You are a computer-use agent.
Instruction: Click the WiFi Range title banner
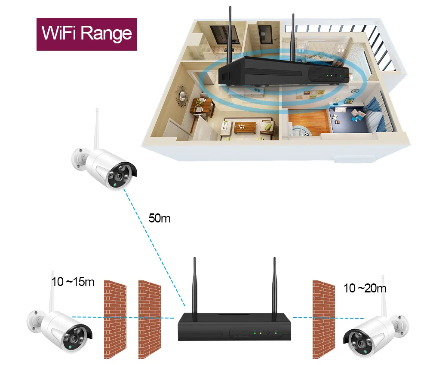coord(86,34)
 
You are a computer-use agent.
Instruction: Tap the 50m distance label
coord(160,218)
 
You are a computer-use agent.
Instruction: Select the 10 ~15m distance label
coord(73,282)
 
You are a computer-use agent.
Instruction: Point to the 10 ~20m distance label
coord(365,288)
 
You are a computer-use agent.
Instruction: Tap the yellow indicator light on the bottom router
coord(261,333)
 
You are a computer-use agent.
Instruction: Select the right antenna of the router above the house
coord(293,36)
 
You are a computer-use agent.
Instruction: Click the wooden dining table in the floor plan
coord(201,104)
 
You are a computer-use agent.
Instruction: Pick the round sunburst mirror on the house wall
coord(182,97)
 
